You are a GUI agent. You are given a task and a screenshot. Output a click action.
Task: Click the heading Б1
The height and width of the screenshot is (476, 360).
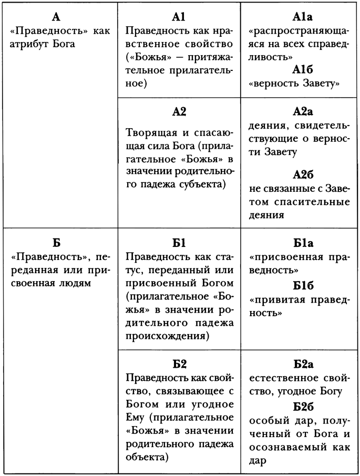tap(179, 243)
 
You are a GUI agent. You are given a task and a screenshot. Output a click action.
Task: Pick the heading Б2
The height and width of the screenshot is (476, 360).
tap(179, 364)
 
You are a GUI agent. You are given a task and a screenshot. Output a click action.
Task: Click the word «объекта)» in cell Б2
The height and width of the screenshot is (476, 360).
tap(148, 457)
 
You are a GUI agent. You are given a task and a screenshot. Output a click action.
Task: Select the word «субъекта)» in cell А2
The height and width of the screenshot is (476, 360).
tap(203, 184)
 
